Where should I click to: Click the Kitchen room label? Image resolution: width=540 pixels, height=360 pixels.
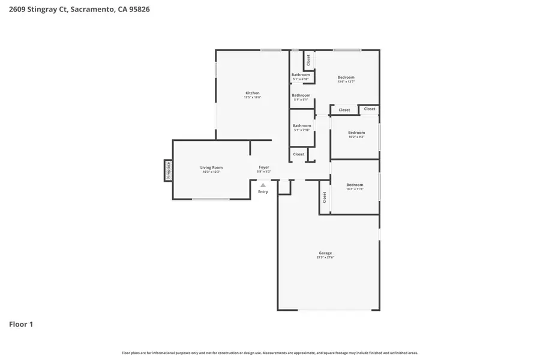click(x=252, y=93)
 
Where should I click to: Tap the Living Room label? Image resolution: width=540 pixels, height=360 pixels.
click(x=211, y=167)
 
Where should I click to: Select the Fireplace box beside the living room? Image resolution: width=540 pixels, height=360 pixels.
click(x=169, y=170)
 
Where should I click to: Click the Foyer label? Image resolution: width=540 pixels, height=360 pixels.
click(x=264, y=167)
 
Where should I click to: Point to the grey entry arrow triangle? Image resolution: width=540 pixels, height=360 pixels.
click(x=263, y=185)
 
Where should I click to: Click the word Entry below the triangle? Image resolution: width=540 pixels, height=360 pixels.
click(x=263, y=192)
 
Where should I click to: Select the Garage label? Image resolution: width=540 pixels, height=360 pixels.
click(x=325, y=253)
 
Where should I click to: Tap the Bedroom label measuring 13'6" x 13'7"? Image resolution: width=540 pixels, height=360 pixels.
click(x=346, y=77)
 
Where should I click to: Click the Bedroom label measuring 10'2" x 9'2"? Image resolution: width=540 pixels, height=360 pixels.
click(x=356, y=132)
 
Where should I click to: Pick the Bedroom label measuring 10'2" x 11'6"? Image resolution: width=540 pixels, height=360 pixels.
click(x=355, y=185)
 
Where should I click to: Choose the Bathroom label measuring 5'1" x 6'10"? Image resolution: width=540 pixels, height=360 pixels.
click(x=301, y=74)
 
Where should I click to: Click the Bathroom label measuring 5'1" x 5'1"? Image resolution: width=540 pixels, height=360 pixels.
click(x=301, y=95)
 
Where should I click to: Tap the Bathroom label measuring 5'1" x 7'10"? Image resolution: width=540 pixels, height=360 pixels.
click(x=302, y=125)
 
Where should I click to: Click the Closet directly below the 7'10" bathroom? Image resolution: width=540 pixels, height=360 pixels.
click(x=299, y=154)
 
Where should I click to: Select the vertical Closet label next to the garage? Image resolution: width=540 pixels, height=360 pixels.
click(x=325, y=197)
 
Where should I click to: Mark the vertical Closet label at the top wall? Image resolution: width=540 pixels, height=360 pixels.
click(x=308, y=60)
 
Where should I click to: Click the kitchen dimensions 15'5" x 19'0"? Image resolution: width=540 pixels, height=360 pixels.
click(x=252, y=98)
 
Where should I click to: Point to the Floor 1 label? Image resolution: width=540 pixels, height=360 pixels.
click(x=21, y=325)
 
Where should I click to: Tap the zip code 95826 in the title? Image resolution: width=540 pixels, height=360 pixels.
click(x=139, y=10)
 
